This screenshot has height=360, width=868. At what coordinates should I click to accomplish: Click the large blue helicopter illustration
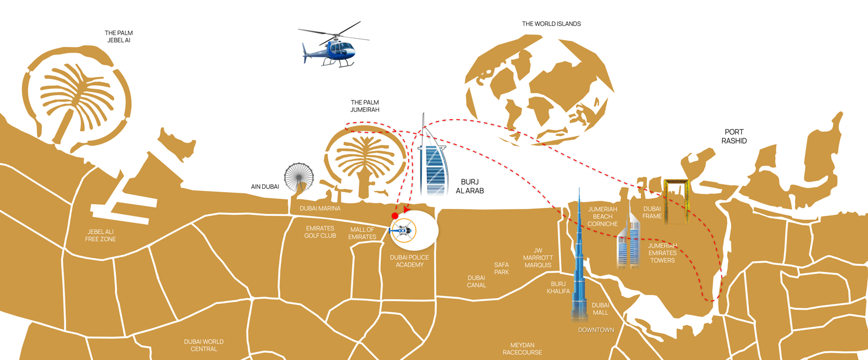point(334,46)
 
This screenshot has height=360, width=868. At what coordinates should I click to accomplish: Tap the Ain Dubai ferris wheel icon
point(299,178)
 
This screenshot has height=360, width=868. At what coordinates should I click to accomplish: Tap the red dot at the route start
point(395,216)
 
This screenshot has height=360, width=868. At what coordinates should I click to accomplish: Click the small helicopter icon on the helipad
point(403,230)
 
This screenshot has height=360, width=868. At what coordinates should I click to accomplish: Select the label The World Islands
point(551,24)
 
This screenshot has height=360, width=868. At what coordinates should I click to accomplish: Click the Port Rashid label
point(734,137)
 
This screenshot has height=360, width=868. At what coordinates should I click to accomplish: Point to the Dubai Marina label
point(320,208)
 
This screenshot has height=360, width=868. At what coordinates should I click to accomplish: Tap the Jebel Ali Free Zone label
point(100,236)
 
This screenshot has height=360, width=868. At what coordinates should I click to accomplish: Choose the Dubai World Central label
point(204,346)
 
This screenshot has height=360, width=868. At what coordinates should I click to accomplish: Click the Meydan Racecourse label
point(523,349)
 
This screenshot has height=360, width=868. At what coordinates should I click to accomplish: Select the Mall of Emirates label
point(362,233)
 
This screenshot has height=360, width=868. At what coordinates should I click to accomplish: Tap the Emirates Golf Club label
point(320,232)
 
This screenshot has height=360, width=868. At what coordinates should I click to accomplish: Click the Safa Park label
point(502,269)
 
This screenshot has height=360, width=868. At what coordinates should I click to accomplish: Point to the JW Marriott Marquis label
point(538,258)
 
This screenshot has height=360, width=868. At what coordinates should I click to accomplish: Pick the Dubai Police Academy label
point(410,261)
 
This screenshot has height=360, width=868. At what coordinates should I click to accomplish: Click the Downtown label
point(596,330)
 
